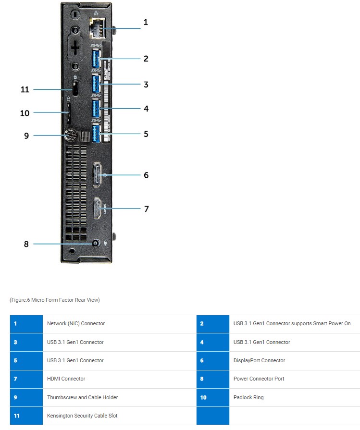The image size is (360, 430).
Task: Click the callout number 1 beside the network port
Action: click(x=146, y=22)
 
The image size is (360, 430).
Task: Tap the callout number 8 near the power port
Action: click(x=26, y=244)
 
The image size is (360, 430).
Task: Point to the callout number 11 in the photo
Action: click(x=25, y=89)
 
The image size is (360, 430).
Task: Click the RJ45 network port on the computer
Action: click(x=98, y=29)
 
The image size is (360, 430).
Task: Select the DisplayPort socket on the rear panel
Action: click(x=98, y=175)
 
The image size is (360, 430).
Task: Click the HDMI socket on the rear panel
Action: click(x=97, y=209)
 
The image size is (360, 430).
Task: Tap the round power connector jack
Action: click(x=95, y=244)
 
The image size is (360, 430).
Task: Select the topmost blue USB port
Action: click(x=96, y=59)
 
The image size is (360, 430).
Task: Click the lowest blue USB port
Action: click(x=96, y=133)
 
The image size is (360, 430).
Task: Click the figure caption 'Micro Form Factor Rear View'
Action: click(x=54, y=300)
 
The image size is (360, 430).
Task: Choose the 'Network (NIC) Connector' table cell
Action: click(x=75, y=323)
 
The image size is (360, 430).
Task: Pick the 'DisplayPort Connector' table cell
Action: click(x=259, y=360)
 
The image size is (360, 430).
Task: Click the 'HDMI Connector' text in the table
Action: click(x=66, y=379)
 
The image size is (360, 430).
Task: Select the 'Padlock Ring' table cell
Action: click(x=248, y=397)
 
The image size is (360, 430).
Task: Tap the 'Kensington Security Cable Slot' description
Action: click(x=82, y=416)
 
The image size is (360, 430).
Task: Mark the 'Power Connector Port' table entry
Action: click(x=259, y=379)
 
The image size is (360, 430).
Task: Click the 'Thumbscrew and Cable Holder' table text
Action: click(x=82, y=397)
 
